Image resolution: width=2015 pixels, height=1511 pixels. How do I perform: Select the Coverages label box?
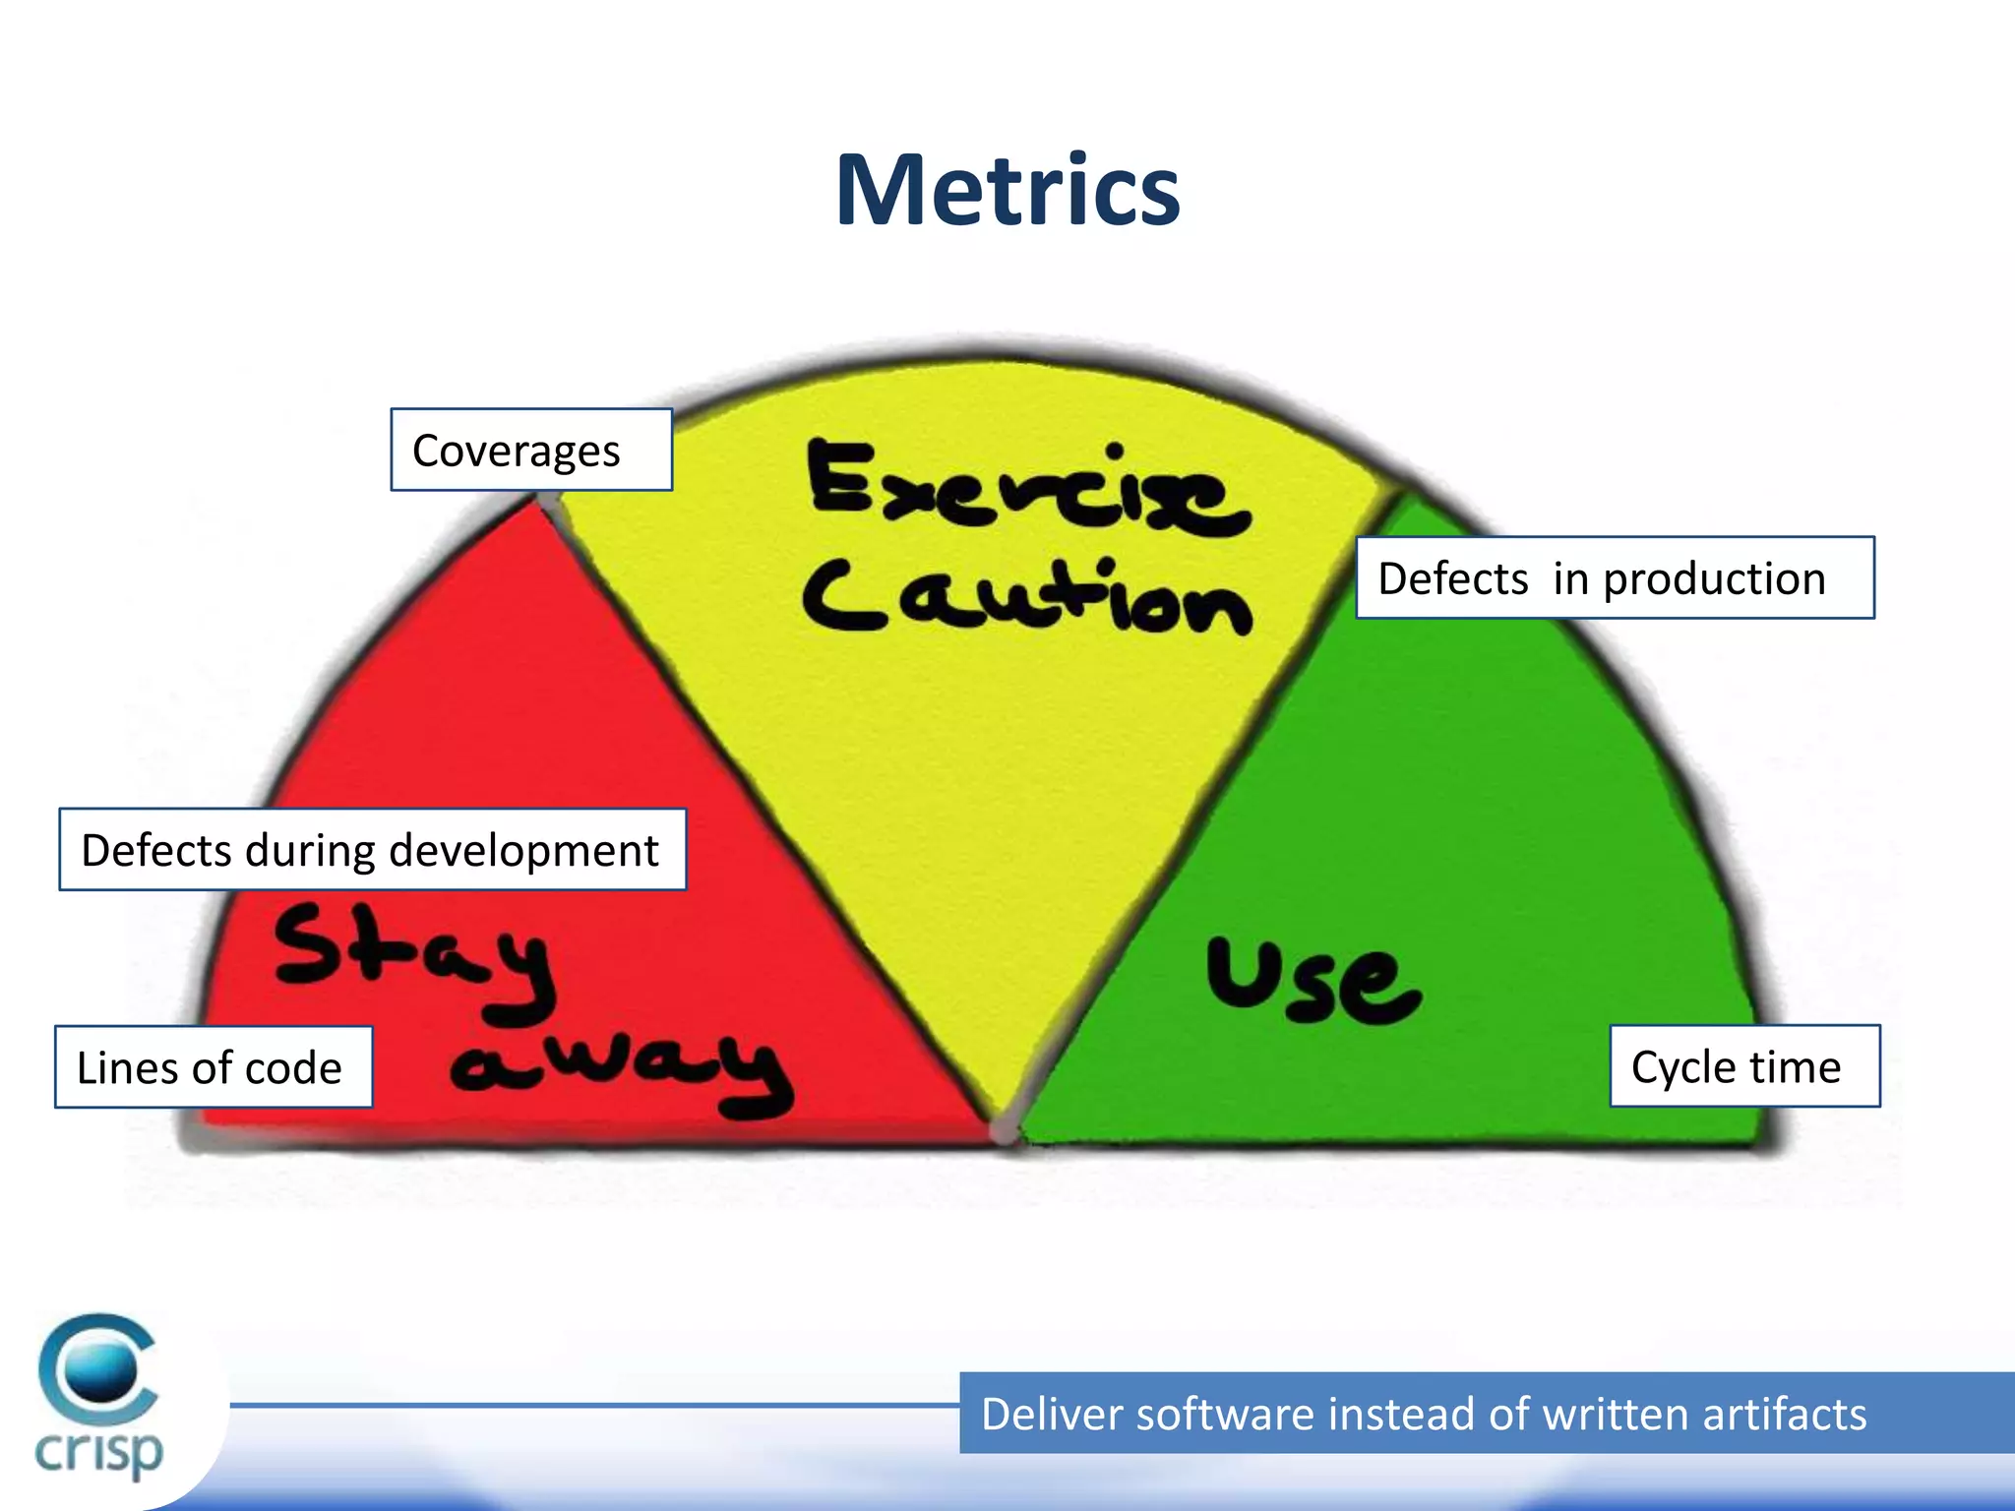[x=531, y=450]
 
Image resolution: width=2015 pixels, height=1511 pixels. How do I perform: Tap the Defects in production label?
[x=1615, y=577]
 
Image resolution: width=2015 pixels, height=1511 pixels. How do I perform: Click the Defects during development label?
[x=372, y=850]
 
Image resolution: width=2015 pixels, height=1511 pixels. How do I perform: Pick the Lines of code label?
[x=214, y=1067]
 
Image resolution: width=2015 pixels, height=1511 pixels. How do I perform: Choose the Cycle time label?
[x=1744, y=1066]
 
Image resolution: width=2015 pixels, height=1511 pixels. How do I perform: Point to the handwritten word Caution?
[x=1027, y=597]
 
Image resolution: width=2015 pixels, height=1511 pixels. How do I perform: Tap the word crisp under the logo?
[x=98, y=1452]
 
